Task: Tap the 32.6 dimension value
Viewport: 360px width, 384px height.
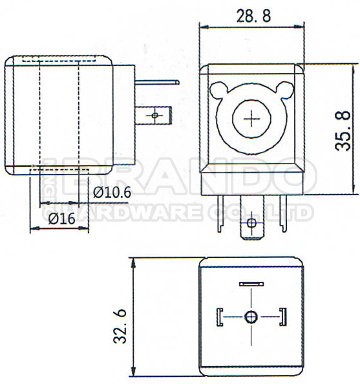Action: pos(120,326)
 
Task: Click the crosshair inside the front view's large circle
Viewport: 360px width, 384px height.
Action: pos(251,119)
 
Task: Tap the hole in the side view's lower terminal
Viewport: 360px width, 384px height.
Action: pos(154,115)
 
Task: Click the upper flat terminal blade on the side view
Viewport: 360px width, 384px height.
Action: pos(155,83)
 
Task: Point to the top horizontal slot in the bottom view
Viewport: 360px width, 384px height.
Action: pos(251,284)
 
